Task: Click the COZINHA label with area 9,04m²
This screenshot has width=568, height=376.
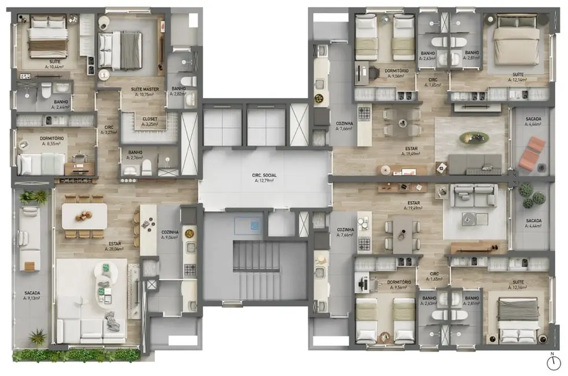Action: click(170, 234)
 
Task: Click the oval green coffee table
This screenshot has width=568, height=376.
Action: click(474, 138)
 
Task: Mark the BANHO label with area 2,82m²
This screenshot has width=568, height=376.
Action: click(179, 90)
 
